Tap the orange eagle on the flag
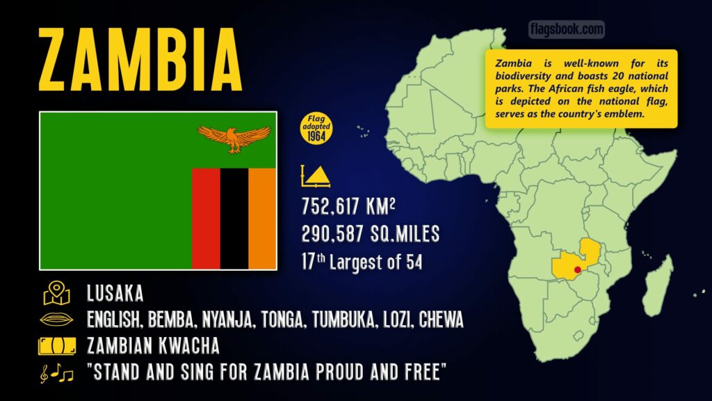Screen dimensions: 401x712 (x=234, y=137)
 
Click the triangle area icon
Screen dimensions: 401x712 (x=316, y=175)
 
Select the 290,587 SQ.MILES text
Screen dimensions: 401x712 (x=369, y=235)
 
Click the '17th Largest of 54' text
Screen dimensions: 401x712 (x=362, y=262)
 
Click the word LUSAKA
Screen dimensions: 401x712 (x=115, y=293)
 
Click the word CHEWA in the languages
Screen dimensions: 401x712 (x=439, y=320)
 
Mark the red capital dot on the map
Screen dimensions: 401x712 (x=576, y=269)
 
